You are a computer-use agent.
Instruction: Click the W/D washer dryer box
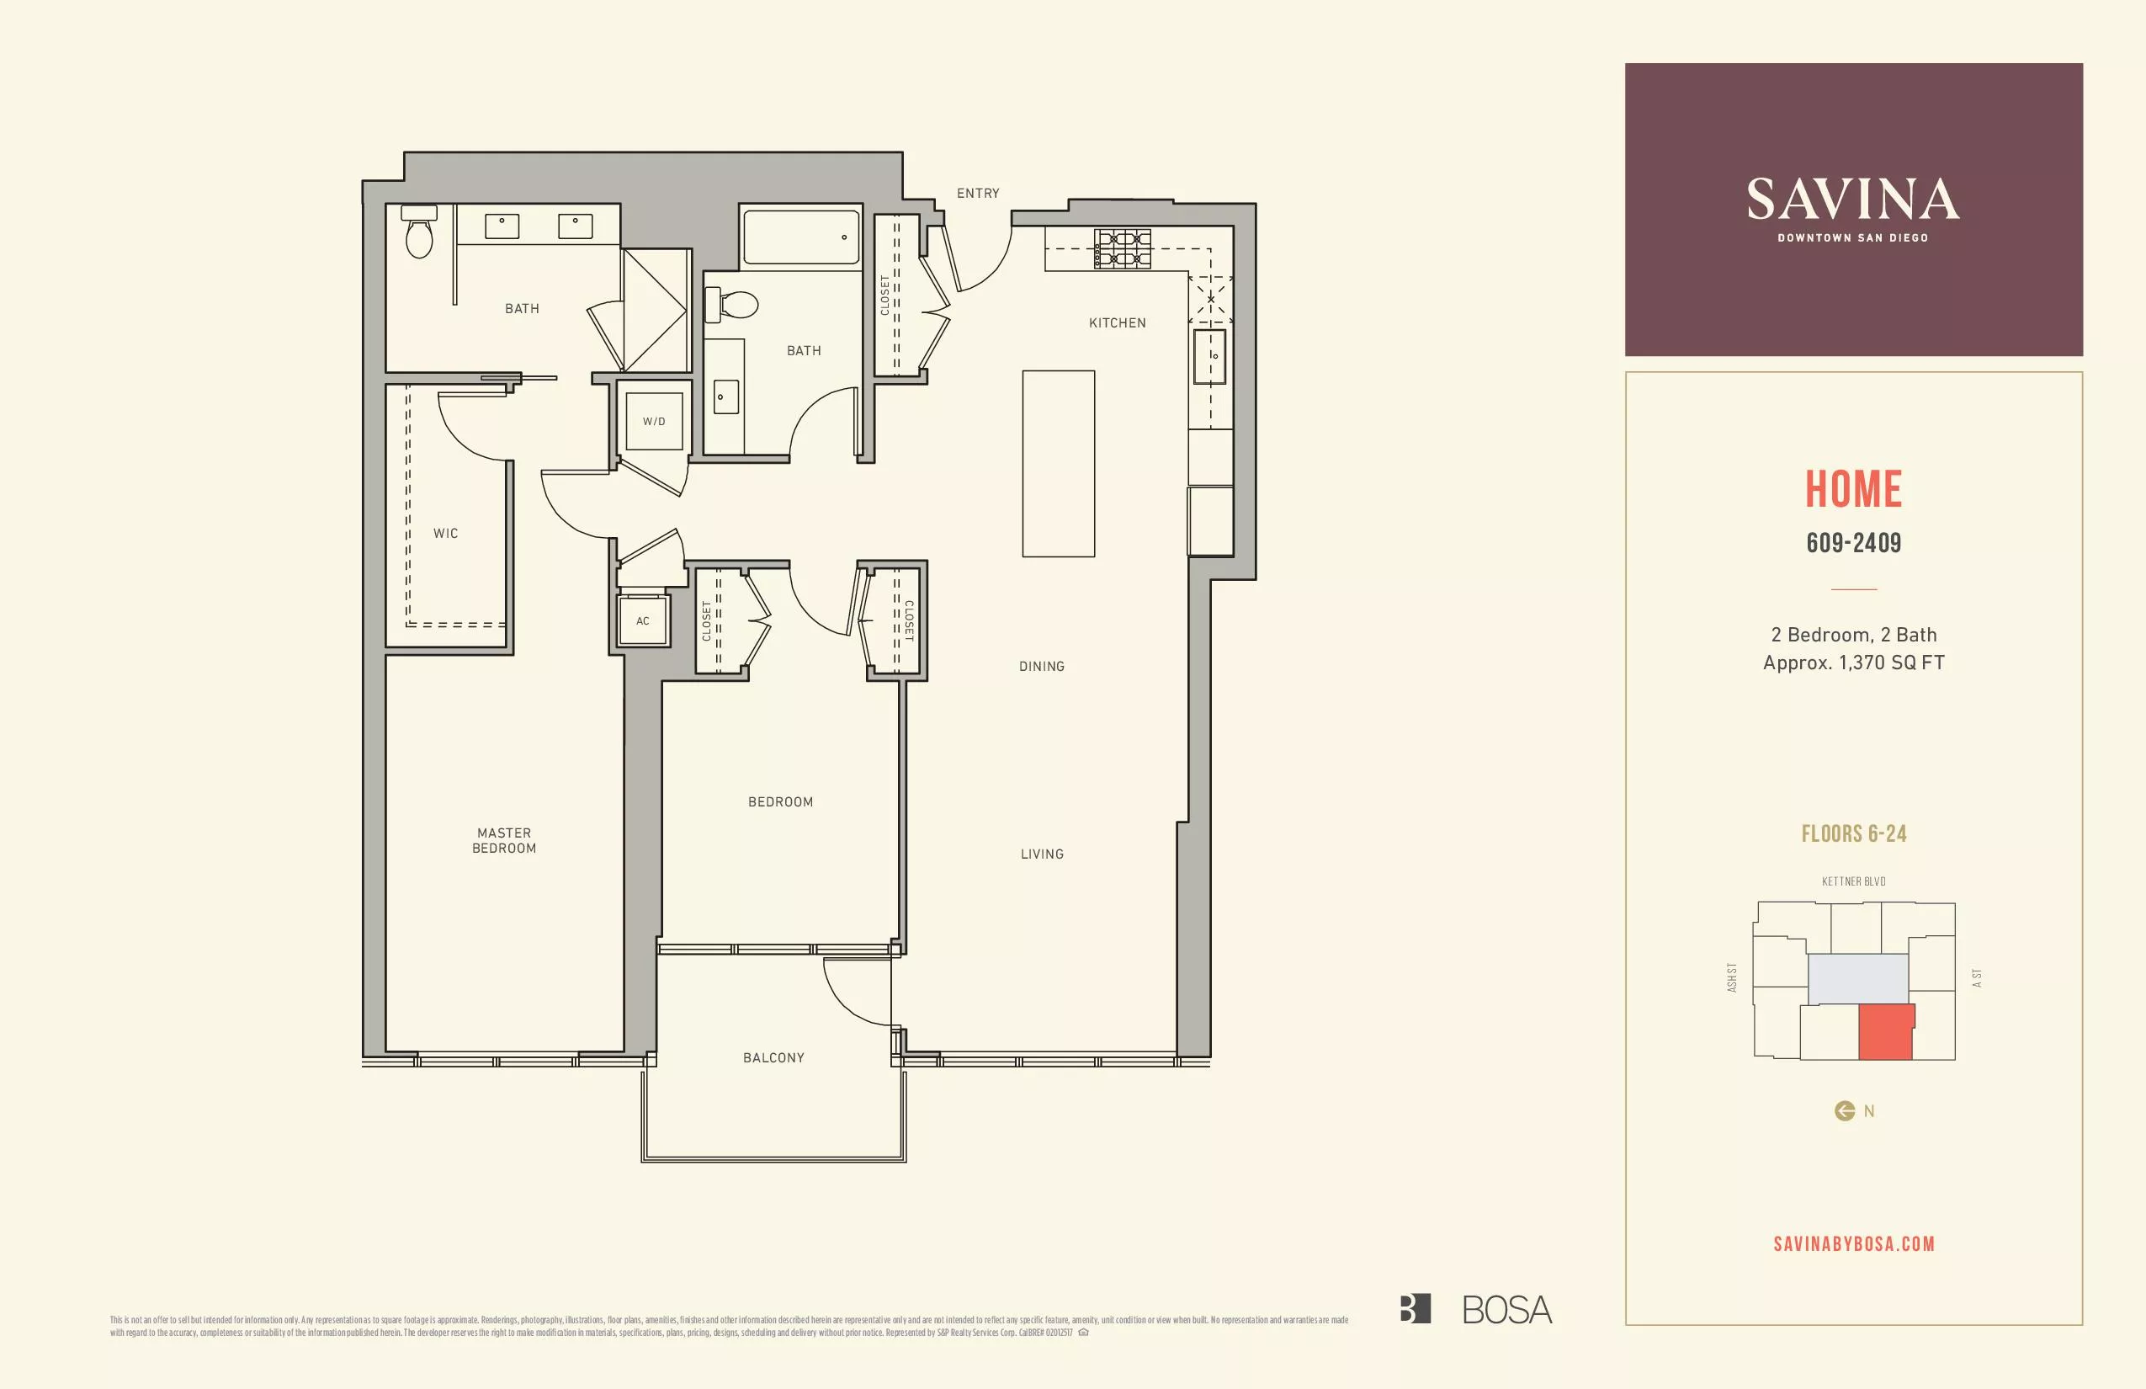click(x=654, y=421)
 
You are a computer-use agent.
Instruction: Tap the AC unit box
click(x=642, y=620)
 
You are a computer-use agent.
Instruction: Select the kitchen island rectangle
click(x=1058, y=464)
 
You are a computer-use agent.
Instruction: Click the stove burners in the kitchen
click(x=1123, y=249)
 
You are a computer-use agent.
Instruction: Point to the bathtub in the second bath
click(x=800, y=237)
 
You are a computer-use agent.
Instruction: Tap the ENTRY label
click(x=977, y=193)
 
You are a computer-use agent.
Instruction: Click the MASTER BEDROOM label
click(x=504, y=841)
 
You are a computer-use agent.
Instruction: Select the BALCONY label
click(x=773, y=1057)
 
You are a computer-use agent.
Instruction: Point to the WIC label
click(x=445, y=533)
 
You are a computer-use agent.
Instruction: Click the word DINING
click(x=1042, y=667)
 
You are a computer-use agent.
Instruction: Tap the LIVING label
click(x=1042, y=854)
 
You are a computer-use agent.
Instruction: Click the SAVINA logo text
click(x=1853, y=200)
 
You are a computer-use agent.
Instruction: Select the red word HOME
click(x=1853, y=489)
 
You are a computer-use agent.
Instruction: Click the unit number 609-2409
click(x=1853, y=543)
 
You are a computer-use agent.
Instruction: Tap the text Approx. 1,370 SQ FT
click(x=1853, y=663)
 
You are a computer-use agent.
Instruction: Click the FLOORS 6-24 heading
click(x=1853, y=833)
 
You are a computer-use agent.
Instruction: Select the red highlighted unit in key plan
click(x=1885, y=1033)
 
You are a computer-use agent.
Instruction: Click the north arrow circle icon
click(x=1844, y=1111)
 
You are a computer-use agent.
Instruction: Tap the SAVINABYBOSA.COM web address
click(x=1853, y=1244)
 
